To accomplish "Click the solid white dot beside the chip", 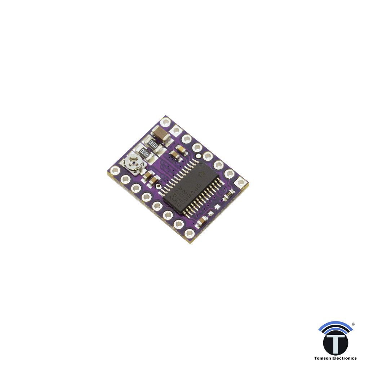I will click(198, 156).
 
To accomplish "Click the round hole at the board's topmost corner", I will click(166, 121).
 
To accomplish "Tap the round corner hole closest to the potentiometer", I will click(116, 170).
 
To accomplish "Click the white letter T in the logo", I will click(335, 343).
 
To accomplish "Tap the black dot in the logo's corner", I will click(355, 323).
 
